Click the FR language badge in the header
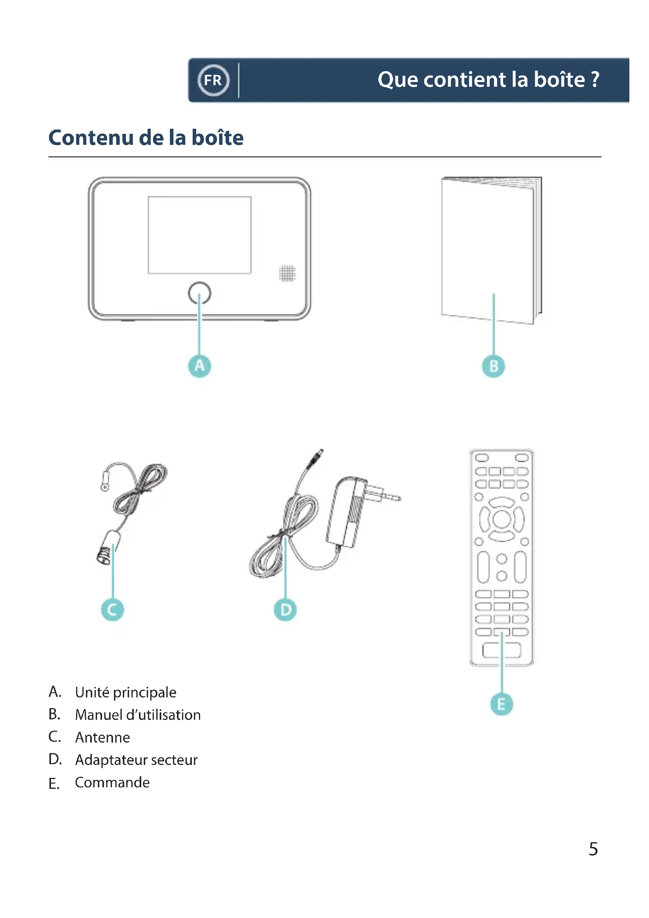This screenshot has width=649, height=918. click(x=213, y=80)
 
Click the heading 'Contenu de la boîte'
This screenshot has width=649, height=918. click(x=146, y=137)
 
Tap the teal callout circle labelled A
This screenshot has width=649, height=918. click(x=199, y=365)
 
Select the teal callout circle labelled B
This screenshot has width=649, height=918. click(x=494, y=366)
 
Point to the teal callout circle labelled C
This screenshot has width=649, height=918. click(x=112, y=610)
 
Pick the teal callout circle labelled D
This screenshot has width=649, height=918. click(x=285, y=610)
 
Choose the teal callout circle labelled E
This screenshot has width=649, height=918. click(x=501, y=704)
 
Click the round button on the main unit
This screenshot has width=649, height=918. click(x=199, y=293)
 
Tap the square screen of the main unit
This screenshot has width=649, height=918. click(x=199, y=235)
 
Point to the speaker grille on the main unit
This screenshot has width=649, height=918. click(x=287, y=273)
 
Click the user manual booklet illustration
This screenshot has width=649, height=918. click(x=490, y=248)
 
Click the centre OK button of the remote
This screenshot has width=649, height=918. click(x=501, y=519)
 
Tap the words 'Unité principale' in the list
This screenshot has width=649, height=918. click(x=126, y=692)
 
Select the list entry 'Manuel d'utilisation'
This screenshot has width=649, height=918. click(x=138, y=715)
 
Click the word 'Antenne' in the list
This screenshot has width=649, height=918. click(x=103, y=737)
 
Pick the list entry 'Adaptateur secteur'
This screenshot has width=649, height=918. click(x=136, y=760)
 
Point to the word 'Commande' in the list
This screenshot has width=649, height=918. click(x=112, y=783)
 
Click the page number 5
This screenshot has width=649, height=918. click(x=593, y=849)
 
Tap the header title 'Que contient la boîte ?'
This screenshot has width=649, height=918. click(x=489, y=80)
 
